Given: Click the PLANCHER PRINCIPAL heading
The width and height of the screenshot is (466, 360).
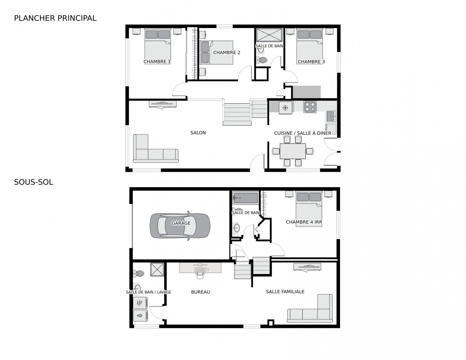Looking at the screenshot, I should click(55, 18).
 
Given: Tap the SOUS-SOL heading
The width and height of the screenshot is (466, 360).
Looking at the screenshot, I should click(33, 182).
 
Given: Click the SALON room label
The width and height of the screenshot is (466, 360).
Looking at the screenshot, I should click(198, 133).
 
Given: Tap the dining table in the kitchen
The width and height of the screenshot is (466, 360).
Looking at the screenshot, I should click(293, 151).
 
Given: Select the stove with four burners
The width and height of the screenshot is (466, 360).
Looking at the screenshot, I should click(309, 107).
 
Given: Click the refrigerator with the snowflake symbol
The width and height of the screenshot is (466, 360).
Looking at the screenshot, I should click(285, 108).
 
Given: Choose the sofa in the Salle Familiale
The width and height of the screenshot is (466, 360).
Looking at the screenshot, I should click(311, 310).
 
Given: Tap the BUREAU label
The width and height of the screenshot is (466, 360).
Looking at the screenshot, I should click(200, 292).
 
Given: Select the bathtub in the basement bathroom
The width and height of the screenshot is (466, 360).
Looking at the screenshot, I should click(245, 198).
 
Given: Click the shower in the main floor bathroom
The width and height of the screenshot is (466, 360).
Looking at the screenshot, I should click(269, 36).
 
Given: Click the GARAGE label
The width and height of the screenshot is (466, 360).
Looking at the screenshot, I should click(181, 223).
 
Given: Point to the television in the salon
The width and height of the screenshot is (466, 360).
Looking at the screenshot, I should click(163, 104).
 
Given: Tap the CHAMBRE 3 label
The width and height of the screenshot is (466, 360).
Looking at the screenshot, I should click(311, 62).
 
